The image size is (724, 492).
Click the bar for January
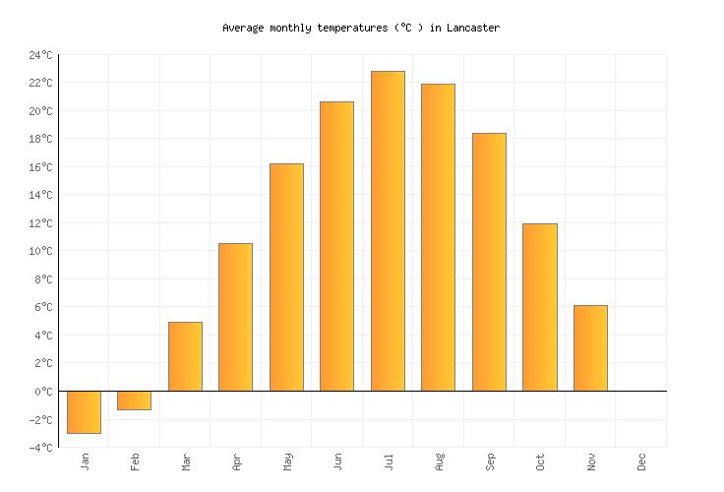pos(84,411)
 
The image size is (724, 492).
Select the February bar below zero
pos(134,400)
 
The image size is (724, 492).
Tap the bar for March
pos(185,356)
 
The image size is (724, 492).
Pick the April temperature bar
pos(235,317)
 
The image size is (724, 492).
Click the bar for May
pos(286,277)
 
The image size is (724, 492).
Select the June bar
pos(336,246)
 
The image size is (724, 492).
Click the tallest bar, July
pos(388,230)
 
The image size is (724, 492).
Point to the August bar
pos(438,237)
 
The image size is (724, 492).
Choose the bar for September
pos(489,262)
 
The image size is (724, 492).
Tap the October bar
pos(539,307)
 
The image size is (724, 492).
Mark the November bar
pos(590,347)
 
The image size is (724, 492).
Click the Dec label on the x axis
pos(641,461)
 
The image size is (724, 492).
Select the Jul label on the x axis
pos(388,461)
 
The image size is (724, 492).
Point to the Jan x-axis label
pos(85,461)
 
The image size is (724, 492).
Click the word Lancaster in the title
pos(471,28)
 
